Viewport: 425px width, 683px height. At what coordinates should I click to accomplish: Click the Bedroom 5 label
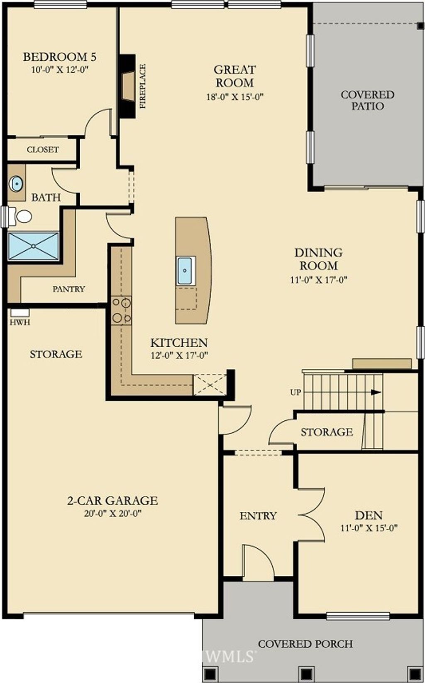click(x=60, y=57)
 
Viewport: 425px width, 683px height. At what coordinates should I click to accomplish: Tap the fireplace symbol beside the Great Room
click(x=128, y=86)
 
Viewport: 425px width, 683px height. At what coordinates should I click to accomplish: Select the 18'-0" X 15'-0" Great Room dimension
click(x=235, y=97)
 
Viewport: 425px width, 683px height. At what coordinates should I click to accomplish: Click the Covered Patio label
click(x=367, y=100)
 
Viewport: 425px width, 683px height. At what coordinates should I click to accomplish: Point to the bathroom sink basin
click(x=16, y=183)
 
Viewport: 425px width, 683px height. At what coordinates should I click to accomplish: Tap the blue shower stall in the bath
click(x=33, y=246)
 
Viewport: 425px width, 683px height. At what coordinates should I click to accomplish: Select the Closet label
click(x=43, y=150)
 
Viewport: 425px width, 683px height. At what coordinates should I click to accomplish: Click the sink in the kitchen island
click(x=185, y=271)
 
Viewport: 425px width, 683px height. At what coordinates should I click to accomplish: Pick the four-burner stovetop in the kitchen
click(x=121, y=311)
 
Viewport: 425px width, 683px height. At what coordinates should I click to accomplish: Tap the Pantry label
click(x=69, y=289)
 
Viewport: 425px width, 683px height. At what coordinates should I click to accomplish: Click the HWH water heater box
click(x=20, y=313)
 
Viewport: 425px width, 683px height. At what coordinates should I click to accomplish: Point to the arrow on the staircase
click(x=376, y=392)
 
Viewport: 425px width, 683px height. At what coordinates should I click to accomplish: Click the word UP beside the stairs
click(x=296, y=392)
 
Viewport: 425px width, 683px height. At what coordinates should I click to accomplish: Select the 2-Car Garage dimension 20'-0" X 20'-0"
click(x=113, y=514)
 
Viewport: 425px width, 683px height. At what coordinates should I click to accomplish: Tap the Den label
click(x=369, y=516)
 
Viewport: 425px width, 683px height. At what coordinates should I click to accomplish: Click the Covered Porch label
click(x=305, y=644)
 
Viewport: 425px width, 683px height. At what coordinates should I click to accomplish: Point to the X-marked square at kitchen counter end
click(x=210, y=385)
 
